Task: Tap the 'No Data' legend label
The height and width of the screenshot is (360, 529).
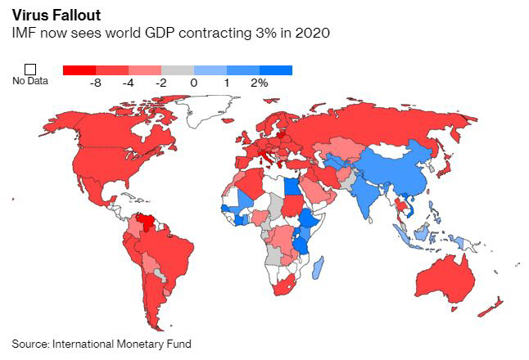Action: pyautogui.click(x=29, y=82)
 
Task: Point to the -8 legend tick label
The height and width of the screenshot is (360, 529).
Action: pyautogui.click(x=95, y=83)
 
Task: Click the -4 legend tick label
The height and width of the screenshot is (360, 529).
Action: pyautogui.click(x=128, y=83)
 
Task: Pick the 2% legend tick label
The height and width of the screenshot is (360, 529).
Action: pyautogui.click(x=259, y=83)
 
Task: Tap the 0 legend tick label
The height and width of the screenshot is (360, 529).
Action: pyautogui.click(x=194, y=83)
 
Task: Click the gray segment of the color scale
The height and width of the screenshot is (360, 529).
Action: pyautogui.click(x=178, y=70)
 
